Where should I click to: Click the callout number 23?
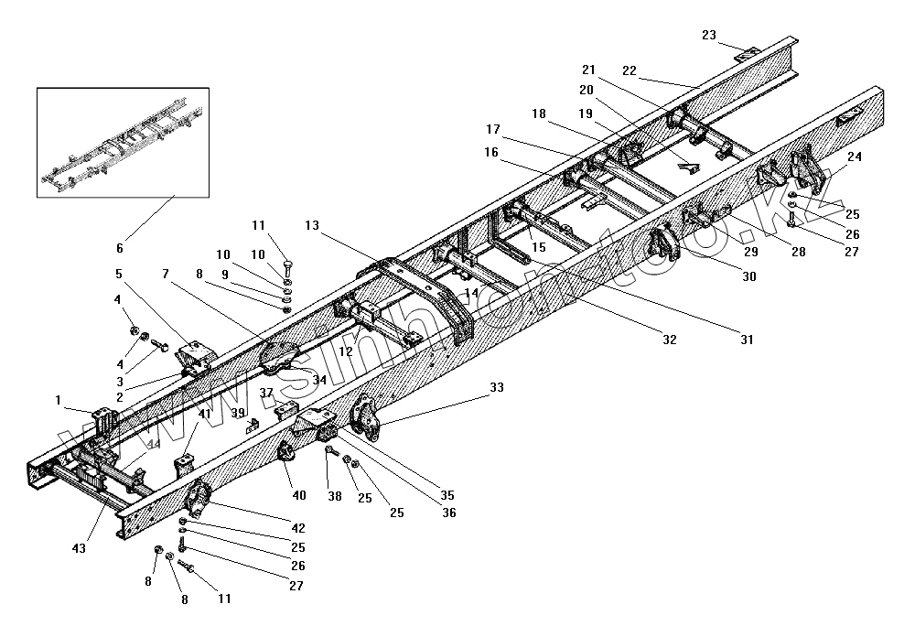(709, 35)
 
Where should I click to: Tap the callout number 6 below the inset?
(119, 248)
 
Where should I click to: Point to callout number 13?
(314, 225)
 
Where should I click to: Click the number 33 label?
(497, 388)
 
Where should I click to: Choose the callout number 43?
(80, 548)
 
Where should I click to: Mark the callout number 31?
(747, 340)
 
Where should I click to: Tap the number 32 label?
(670, 340)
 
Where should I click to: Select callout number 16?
(491, 153)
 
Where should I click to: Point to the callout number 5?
(118, 273)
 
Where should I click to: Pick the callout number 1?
(58, 399)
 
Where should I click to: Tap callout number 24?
(854, 157)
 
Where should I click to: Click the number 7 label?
(166, 274)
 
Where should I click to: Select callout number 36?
(448, 513)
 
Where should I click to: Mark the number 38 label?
(336, 497)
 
